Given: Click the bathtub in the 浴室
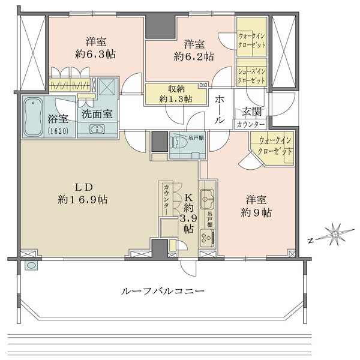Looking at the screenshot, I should pos(32,116).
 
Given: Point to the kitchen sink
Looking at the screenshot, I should pos(208,197).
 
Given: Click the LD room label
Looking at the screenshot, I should pos(84,185).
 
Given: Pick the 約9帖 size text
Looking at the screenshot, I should pos(258,212).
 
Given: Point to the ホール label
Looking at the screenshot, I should pos(220,109).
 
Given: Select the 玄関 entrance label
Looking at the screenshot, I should pos(251,112).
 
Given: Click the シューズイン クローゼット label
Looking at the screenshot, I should pos(251,74).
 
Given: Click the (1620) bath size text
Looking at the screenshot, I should pos(59,130).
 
